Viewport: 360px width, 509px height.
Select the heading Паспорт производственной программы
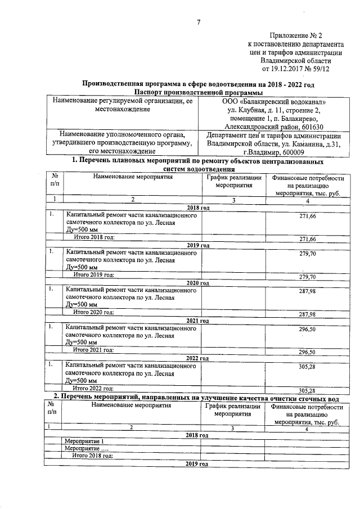click(x=199, y=92)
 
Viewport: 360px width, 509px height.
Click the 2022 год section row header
click(x=197, y=358)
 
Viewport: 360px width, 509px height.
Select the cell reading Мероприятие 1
click(x=84, y=441)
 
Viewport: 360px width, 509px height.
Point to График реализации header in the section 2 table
click(x=232, y=406)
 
